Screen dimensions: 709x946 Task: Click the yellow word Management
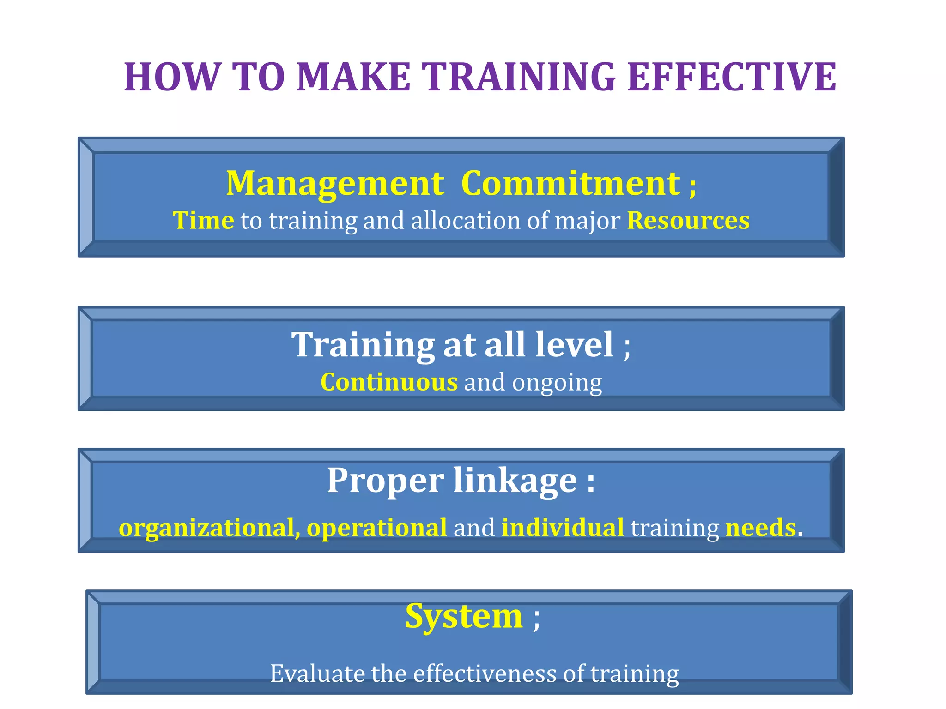[335, 184]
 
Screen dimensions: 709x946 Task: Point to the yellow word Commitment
[570, 184]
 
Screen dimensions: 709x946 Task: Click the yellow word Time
[203, 220]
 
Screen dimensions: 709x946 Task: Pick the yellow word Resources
[688, 220]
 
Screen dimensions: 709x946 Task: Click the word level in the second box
[574, 344]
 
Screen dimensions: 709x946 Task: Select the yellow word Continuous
[389, 382]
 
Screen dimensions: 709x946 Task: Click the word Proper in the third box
[386, 481]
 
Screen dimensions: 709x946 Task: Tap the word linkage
[515, 481]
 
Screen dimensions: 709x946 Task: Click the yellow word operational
[376, 528]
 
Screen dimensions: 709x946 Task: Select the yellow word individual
[562, 527]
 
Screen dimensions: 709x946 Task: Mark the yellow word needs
[760, 528]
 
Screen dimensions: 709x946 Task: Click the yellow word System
[464, 617]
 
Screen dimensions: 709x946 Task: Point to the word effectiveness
[485, 673]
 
